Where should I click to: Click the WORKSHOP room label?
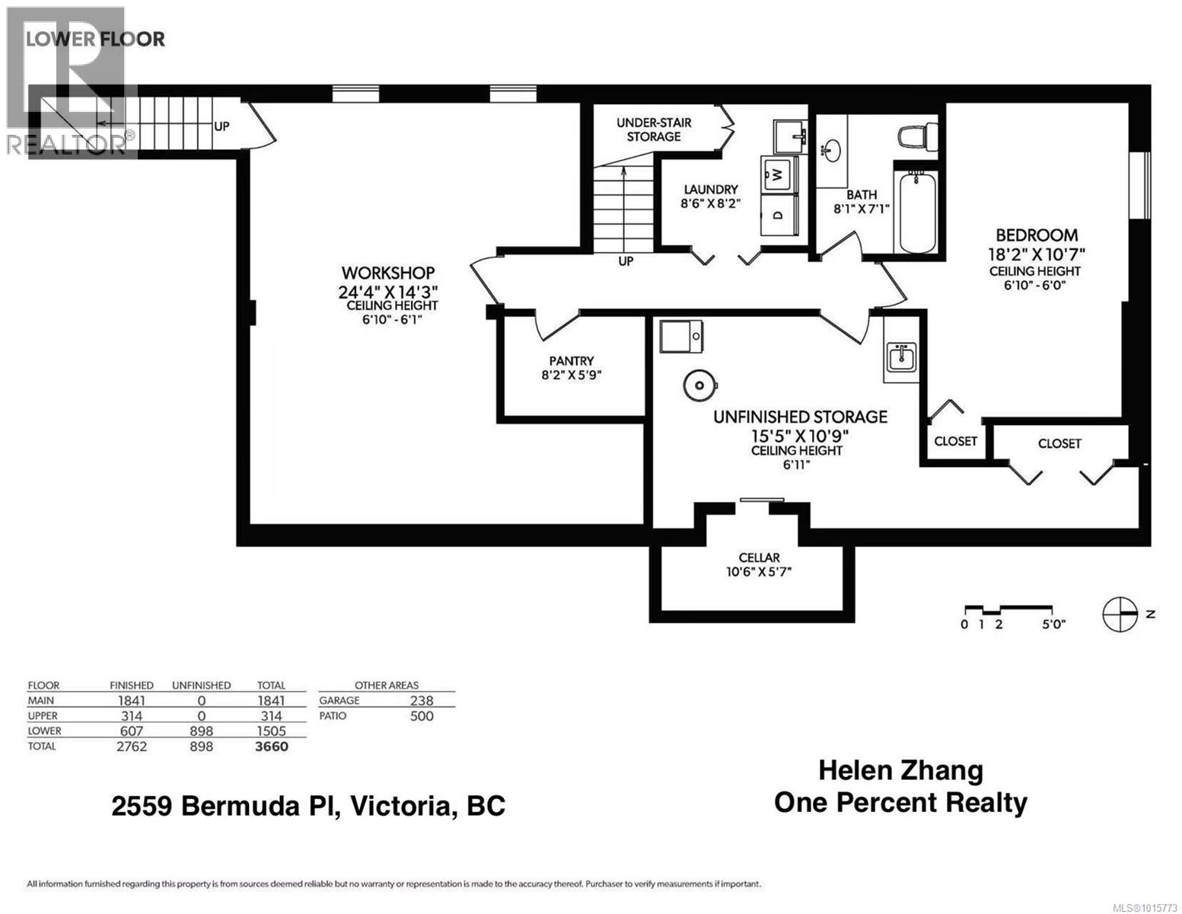point(387,273)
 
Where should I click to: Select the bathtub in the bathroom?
point(918,214)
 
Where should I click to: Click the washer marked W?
point(777,174)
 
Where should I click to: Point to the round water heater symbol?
point(697,385)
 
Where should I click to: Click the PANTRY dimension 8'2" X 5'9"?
point(572,375)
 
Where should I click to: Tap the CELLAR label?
point(759,558)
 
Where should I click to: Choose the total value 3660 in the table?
point(271,746)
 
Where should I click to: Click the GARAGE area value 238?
point(421,701)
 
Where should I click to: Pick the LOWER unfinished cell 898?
point(201,731)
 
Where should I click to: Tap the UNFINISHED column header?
point(201,685)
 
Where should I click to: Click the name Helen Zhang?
point(900,770)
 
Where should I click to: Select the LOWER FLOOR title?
point(95,39)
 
